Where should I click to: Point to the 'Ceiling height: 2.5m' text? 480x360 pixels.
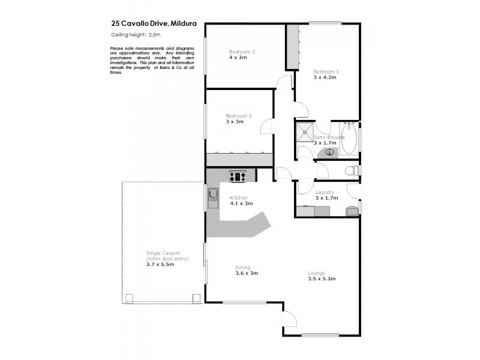click(131, 35)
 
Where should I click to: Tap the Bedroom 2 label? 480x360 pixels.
click(242, 52)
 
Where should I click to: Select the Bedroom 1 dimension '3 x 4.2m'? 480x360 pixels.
click(325, 77)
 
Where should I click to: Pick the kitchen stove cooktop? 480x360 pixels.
click(238, 176)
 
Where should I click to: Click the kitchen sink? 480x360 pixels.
click(212, 194)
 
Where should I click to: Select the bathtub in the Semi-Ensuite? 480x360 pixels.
click(349, 139)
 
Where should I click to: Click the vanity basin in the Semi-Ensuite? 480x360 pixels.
click(329, 152)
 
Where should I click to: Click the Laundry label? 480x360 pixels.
click(325, 192)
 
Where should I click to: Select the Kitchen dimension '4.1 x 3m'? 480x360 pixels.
click(241, 203)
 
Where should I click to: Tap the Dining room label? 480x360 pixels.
click(242, 268)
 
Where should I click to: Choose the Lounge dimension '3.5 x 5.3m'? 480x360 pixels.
click(321, 278)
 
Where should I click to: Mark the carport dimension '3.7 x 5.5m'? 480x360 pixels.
click(160, 264)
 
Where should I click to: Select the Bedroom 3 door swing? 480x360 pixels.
click(266, 127)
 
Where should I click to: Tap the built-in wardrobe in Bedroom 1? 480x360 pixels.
click(292, 48)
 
